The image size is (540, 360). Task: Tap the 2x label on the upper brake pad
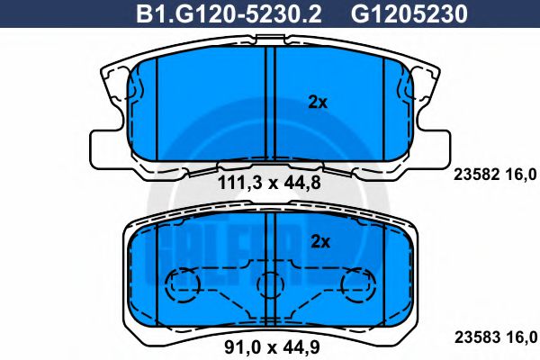pos(318,103)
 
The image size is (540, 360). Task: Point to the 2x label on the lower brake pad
pos(321,240)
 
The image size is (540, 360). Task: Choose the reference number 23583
pos(473,337)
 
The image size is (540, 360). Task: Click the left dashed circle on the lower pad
pos(184,285)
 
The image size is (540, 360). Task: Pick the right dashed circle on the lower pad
pos(356,285)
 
